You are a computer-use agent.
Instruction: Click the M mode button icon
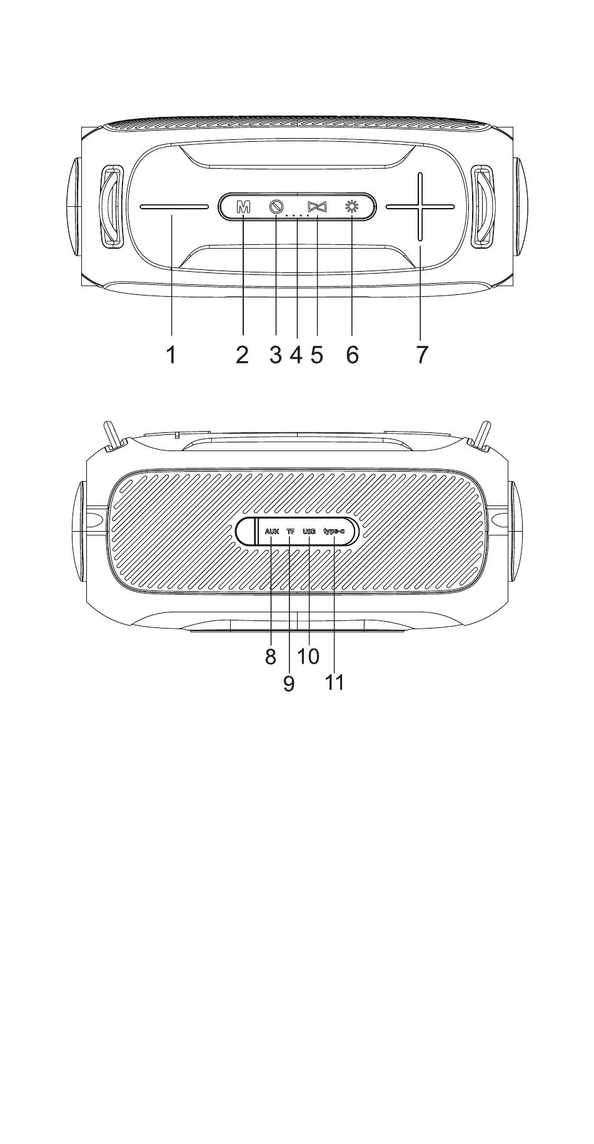point(243,207)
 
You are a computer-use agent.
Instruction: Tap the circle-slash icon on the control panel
point(276,207)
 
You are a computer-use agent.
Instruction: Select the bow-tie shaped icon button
point(318,207)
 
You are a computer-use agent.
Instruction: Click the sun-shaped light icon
point(352,207)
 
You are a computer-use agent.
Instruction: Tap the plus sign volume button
point(420,207)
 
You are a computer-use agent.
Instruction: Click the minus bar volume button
point(174,207)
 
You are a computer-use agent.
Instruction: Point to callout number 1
point(171,355)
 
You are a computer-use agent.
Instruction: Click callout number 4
point(296,355)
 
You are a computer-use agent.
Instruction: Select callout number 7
point(422,355)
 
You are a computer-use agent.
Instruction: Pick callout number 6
point(352,355)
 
